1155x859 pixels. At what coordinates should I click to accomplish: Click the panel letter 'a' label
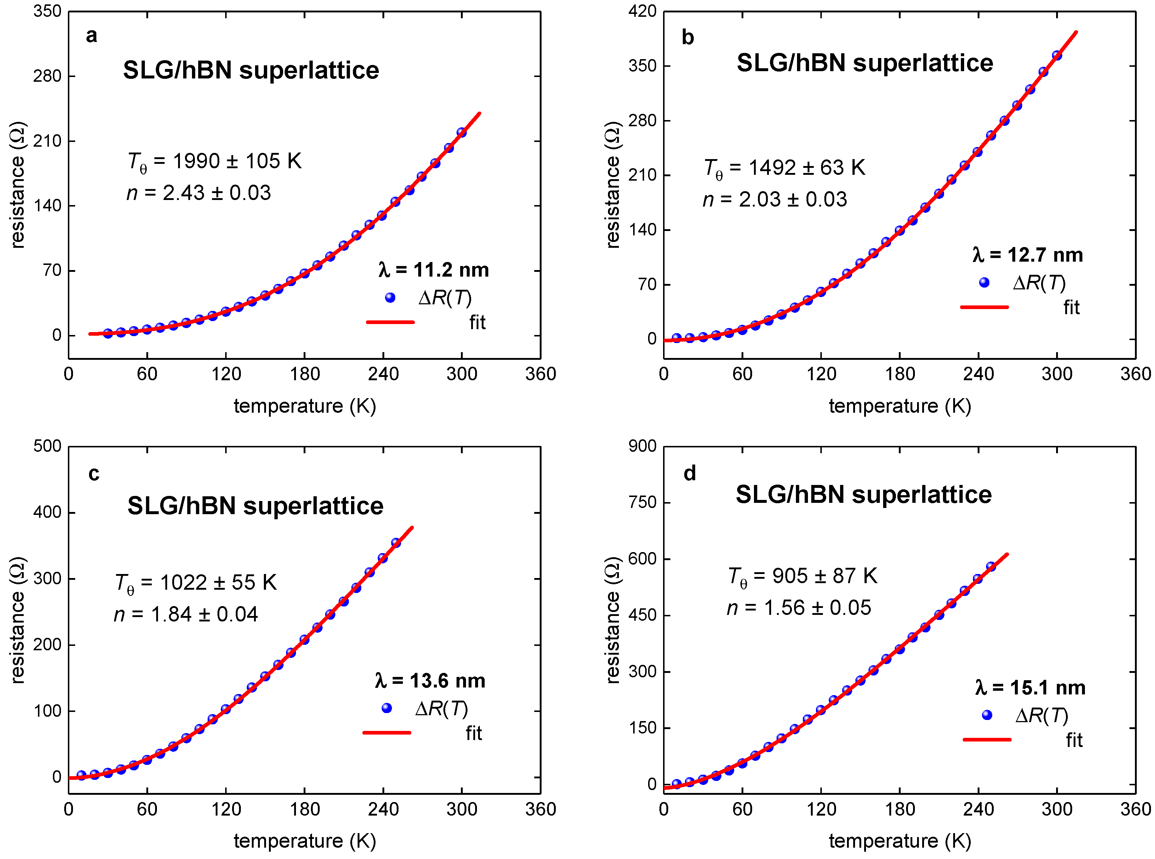click(92, 36)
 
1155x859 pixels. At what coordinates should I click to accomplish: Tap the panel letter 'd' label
click(690, 474)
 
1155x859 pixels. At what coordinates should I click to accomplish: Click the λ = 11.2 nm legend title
click(434, 270)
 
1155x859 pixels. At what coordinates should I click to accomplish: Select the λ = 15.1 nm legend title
click(1030, 688)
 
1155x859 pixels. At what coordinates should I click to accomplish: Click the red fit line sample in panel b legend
click(984, 307)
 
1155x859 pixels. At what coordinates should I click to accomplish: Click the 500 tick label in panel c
click(47, 446)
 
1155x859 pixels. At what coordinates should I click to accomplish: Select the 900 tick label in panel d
click(642, 446)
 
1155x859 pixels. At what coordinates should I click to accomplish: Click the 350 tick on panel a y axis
click(47, 11)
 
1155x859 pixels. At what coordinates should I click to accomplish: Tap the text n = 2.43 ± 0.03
click(199, 193)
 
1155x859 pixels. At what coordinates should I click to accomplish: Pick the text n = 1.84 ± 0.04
click(186, 615)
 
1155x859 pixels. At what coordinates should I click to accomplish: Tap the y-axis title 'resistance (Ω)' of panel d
click(614, 620)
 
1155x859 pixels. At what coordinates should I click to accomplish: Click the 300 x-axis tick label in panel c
click(462, 809)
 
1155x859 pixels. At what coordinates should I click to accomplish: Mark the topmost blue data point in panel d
click(991, 567)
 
